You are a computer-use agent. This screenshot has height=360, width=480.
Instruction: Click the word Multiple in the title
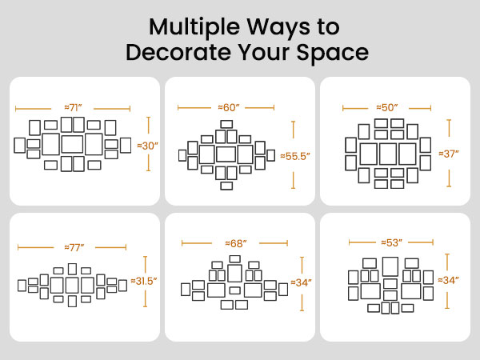coord(194,27)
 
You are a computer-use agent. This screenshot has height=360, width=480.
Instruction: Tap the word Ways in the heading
coord(278,27)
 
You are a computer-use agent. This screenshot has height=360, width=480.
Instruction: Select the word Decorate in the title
coord(178,52)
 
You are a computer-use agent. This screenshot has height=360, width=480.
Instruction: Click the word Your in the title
coord(263,52)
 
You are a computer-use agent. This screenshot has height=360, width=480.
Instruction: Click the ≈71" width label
coord(73,108)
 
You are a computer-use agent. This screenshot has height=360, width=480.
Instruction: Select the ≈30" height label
coord(147,146)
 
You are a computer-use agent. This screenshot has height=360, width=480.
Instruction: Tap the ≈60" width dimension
coord(228,107)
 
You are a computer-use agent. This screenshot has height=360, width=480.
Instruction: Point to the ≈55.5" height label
coord(295,156)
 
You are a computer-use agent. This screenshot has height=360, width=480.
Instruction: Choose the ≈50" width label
coord(387,107)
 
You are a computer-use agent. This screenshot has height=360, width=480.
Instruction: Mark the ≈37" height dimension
coord(449,154)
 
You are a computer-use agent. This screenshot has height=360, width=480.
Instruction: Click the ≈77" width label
coord(74,247)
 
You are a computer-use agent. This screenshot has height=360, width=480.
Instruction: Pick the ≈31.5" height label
coord(144,281)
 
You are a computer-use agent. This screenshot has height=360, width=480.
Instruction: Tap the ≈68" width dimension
coord(236,243)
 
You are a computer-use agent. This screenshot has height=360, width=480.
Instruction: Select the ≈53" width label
coord(391,242)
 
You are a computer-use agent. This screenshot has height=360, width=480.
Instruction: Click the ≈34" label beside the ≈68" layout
coord(302,282)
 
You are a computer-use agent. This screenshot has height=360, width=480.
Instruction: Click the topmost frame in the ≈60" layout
coord(226,124)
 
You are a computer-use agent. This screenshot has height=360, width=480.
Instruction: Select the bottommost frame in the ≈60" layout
coord(226,186)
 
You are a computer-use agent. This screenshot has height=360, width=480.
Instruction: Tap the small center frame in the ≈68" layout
coord(234,290)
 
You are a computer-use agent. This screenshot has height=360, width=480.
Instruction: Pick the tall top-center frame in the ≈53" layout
coord(390,266)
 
